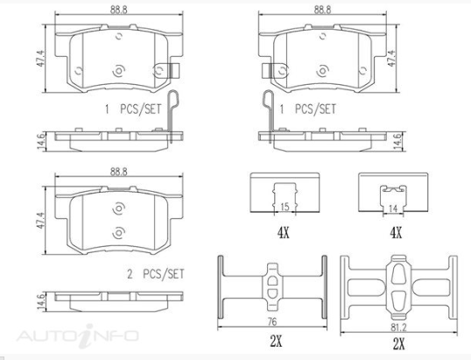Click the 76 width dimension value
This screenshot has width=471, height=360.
(x=272, y=321)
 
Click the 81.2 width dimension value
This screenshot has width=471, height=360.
(x=398, y=328)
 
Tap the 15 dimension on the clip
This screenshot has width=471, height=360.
(x=285, y=207)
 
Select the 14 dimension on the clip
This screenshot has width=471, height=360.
(x=393, y=208)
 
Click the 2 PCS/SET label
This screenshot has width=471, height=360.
(x=156, y=274)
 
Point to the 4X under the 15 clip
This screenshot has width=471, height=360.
(x=284, y=232)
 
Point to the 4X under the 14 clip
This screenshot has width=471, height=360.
(x=396, y=232)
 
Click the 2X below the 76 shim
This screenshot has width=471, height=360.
(x=276, y=341)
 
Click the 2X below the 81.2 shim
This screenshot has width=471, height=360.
(x=398, y=343)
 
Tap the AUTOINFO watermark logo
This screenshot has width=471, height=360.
(x=78, y=335)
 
